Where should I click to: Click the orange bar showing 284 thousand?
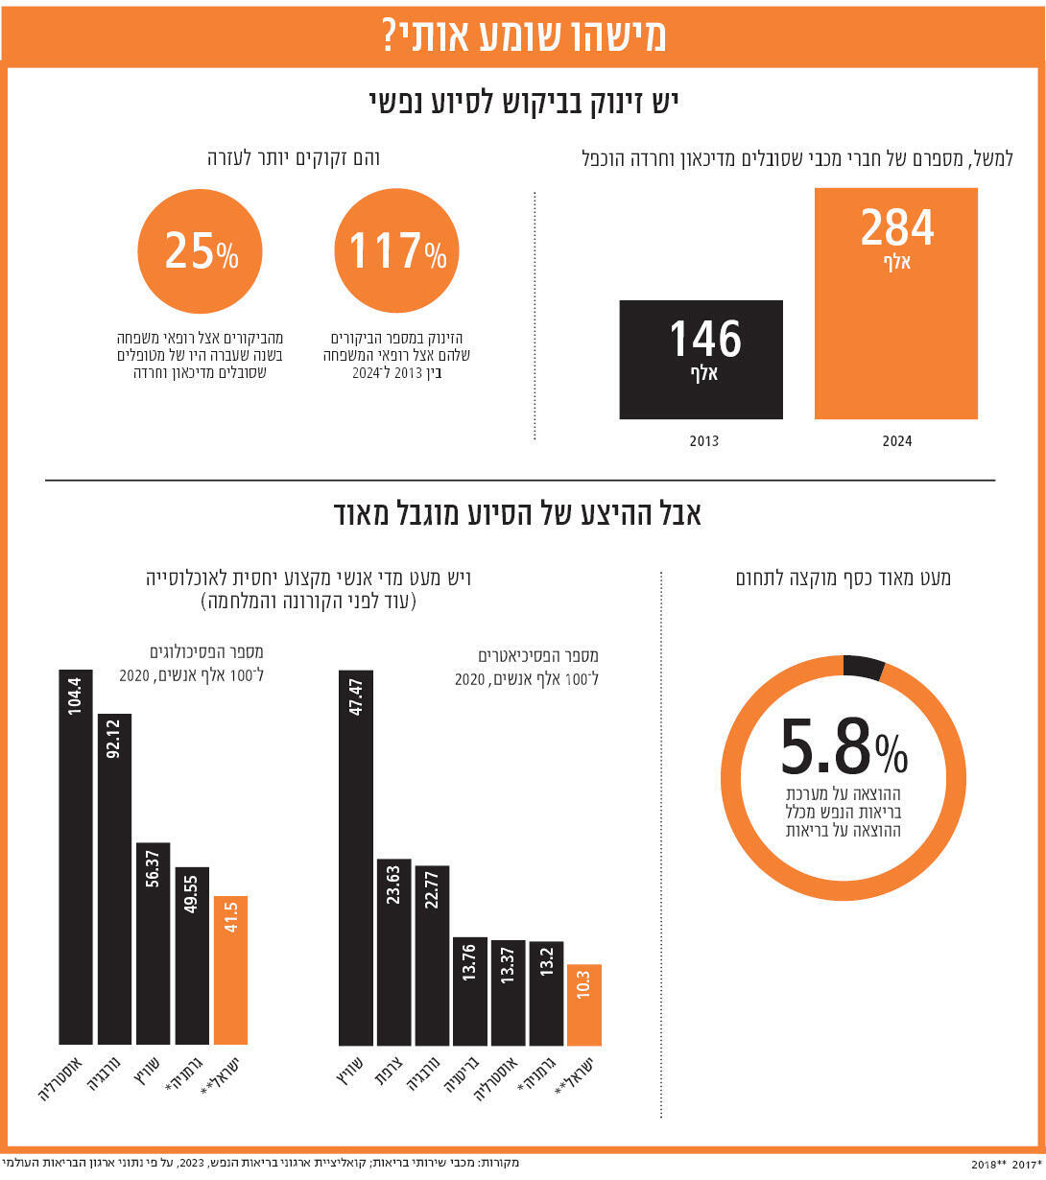click(x=895, y=303)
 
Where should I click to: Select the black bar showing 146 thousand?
click(x=701, y=360)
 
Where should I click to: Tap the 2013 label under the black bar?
click(x=703, y=441)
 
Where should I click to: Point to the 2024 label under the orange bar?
click(x=896, y=441)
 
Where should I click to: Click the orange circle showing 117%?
click(x=396, y=251)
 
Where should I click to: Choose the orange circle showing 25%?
click(x=200, y=251)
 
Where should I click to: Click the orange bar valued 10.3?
click(x=584, y=1004)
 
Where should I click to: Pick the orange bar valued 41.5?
click(x=230, y=970)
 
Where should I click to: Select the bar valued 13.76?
click(x=470, y=991)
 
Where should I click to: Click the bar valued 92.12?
click(x=114, y=879)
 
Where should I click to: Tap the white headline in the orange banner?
click(x=523, y=35)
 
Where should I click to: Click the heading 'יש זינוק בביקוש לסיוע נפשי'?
click(x=523, y=102)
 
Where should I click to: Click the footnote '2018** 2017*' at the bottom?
click(x=1005, y=1165)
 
